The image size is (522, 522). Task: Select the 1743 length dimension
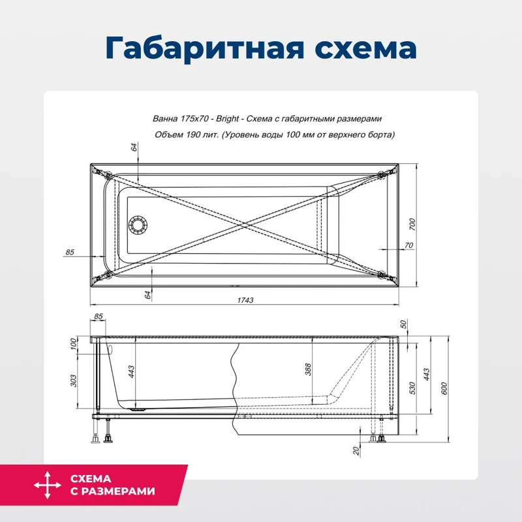pos(245,300)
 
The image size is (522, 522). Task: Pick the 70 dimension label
pos(409,246)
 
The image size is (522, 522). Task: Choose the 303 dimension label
pos(73,378)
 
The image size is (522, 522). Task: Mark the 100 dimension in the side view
pos(73,343)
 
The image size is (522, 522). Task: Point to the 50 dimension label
pos(403,324)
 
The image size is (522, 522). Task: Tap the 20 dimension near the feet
pos(356,450)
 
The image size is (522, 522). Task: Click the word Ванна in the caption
pos(162,119)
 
